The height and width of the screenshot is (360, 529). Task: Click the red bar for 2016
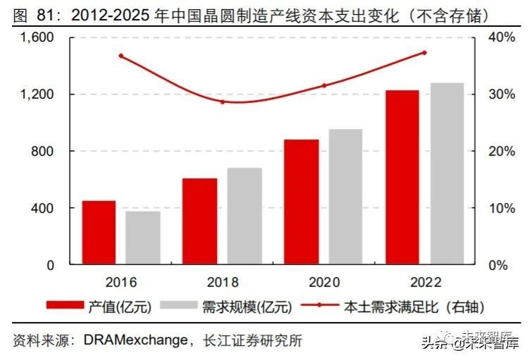(99, 233)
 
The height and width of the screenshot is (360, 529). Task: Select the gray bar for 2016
(143, 238)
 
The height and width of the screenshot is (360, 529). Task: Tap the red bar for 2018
(200, 222)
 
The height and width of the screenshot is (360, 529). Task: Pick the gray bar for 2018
(244, 216)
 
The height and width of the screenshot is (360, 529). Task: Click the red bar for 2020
(301, 202)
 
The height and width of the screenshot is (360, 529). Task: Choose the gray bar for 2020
(345, 197)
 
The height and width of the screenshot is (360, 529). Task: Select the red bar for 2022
(402, 178)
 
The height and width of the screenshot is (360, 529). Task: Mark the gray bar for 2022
(447, 174)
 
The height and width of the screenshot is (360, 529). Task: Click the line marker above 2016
(121, 56)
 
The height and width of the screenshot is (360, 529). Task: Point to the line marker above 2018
(223, 101)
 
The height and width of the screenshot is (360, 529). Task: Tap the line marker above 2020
(323, 86)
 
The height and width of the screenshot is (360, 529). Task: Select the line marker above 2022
(425, 52)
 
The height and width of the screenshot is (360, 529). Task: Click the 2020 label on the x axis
(324, 283)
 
